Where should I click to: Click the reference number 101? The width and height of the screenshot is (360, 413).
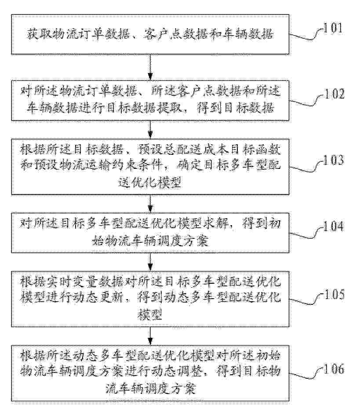(x=333, y=28)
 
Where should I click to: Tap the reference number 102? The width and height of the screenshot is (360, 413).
(x=334, y=94)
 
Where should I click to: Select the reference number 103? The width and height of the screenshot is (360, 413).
(x=334, y=160)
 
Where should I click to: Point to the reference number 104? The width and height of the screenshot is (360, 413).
(x=334, y=226)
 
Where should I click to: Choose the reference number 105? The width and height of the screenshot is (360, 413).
(x=334, y=294)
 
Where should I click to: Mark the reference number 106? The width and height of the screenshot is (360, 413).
(x=334, y=369)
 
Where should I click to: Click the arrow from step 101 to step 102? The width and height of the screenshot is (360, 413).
(x=150, y=67)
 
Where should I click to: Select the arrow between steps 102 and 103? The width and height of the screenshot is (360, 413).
(x=150, y=130)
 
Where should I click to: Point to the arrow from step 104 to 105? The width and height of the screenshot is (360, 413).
(x=150, y=262)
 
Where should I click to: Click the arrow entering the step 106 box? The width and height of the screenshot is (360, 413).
(x=150, y=336)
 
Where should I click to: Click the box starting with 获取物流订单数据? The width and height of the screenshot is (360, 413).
(x=150, y=34)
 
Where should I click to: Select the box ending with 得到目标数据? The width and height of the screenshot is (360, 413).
(x=150, y=100)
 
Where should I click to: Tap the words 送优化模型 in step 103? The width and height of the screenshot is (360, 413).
(x=150, y=182)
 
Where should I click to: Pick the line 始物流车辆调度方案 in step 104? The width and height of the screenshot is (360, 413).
(x=150, y=240)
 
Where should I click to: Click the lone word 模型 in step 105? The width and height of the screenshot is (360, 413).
(x=150, y=314)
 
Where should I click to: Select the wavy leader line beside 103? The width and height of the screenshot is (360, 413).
(x=306, y=167)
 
